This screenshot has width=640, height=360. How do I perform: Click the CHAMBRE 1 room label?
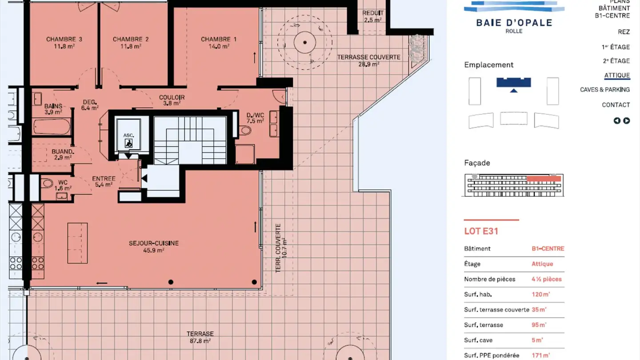coord(219,43)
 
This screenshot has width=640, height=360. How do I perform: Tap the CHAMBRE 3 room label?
coord(64,43)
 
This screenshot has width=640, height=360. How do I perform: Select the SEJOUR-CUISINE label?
coord(154,247)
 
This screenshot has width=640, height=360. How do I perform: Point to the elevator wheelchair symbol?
coord(128,143)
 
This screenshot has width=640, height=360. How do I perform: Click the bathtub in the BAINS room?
coord(52,127)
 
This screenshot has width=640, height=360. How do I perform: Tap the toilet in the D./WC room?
coord(245,131)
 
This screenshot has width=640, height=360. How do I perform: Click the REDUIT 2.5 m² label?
coord(372,16)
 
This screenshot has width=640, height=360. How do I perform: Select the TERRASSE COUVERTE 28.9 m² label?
coord(368,60)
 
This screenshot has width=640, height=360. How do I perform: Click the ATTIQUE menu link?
coord(617,76)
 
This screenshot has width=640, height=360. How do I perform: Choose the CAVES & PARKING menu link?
coord(604,90)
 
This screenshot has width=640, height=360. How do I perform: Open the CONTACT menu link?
coord(616,105)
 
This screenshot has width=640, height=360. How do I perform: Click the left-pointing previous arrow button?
coord(617,120)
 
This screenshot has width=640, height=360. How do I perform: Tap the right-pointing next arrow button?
coord(626,120)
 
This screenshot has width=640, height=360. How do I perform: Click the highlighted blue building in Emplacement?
coord(513,82)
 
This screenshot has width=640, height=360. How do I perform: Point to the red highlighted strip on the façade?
coord(544,179)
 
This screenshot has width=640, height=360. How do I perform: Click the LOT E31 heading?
coord(481,231)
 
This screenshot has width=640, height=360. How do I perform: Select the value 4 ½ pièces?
coord(547,279)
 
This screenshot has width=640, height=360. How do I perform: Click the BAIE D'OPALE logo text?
coord(514,23)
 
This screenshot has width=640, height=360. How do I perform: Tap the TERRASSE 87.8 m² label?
coord(200,337)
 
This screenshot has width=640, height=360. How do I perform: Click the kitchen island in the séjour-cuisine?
coord(77,243)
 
